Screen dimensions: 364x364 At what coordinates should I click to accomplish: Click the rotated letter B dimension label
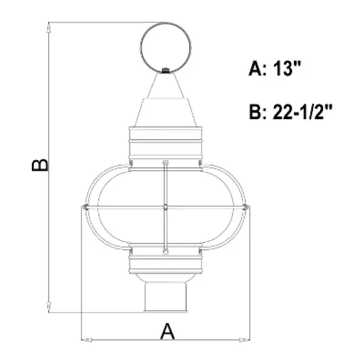pyautogui.click(x=40, y=165)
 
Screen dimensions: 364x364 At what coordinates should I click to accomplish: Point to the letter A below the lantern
pyautogui.click(x=169, y=330)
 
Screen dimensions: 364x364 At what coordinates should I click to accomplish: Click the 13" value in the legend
pyautogui.click(x=288, y=69)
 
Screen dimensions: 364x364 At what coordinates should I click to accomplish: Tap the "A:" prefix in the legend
pyautogui.click(x=259, y=69)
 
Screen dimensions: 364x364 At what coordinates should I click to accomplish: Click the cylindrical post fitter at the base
pyautogui.click(x=165, y=298)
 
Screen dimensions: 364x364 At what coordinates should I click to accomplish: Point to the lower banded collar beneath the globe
pyautogui.click(x=165, y=263)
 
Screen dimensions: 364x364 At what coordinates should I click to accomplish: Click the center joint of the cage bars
pyautogui.click(x=165, y=208)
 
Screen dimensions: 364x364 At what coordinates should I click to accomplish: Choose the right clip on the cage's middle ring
pyautogui.click(x=246, y=208)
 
